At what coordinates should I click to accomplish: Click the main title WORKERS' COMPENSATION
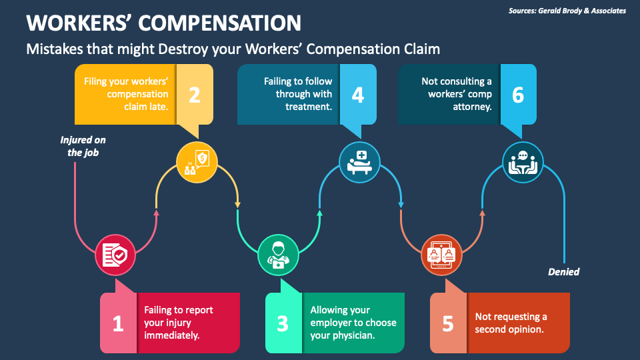click(163, 23)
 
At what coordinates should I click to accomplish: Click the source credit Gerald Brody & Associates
click(567, 11)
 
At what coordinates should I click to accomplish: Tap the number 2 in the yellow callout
click(194, 95)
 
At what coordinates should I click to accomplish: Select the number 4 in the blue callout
click(358, 95)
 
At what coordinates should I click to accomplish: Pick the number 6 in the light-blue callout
click(518, 95)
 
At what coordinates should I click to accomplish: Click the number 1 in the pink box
click(118, 323)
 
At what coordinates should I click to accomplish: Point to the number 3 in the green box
click(283, 323)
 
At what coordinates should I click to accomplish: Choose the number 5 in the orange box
click(447, 323)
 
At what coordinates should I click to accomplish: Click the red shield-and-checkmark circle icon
click(115, 255)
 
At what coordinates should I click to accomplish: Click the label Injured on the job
click(83, 146)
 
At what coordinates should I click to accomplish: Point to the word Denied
click(563, 271)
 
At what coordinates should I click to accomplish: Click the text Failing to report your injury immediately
click(179, 323)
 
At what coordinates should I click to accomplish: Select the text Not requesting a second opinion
click(511, 323)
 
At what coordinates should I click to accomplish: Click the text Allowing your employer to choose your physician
click(353, 323)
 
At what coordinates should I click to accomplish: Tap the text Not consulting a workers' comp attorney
click(457, 93)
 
